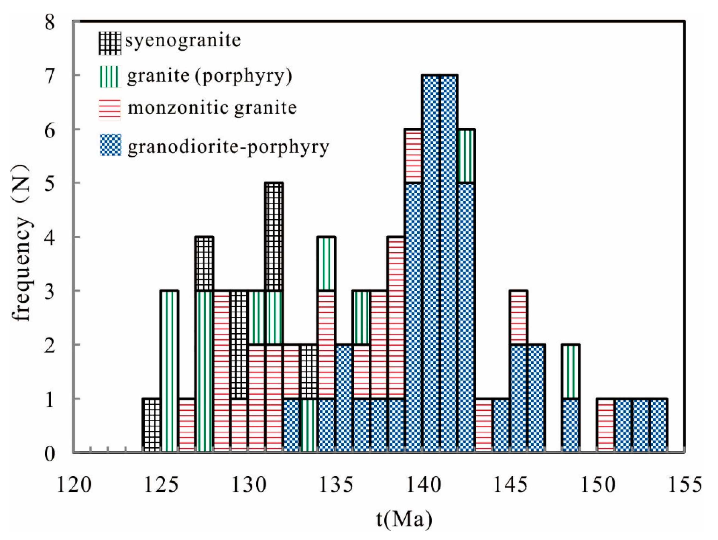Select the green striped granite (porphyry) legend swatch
(x=110, y=76)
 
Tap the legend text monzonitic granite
(x=212, y=108)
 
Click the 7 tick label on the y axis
(x=50, y=76)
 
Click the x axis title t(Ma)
(x=404, y=519)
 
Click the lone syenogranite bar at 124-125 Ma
(x=151, y=425)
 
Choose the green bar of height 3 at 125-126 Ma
(x=169, y=371)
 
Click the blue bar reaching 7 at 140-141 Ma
(x=431, y=263)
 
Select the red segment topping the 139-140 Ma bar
(x=413, y=156)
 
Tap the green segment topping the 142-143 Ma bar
(x=466, y=156)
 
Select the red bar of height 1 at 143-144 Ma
(x=484, y=425)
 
